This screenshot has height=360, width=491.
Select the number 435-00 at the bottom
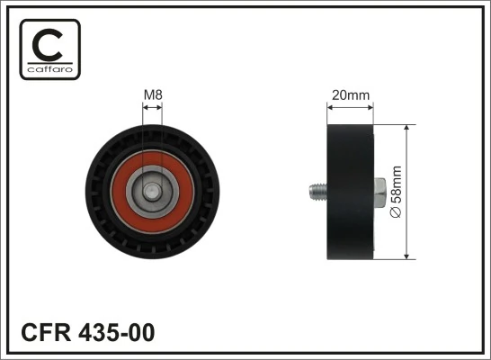point(118,331)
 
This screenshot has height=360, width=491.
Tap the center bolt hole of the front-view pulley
point(153,191)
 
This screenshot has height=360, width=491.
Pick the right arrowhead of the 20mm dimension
point(372,105)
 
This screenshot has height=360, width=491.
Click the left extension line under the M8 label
point(143,126)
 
